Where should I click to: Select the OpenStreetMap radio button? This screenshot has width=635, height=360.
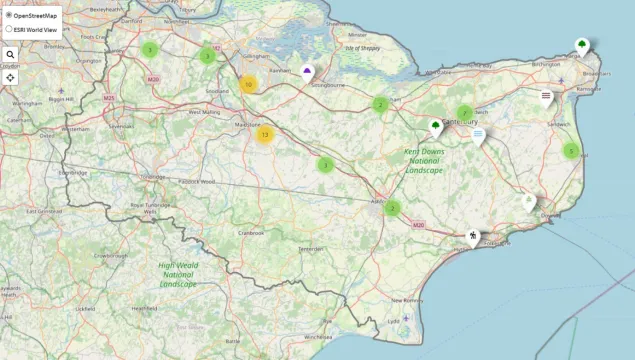[9, 16]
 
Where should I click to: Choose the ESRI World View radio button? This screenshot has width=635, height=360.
[9, 29]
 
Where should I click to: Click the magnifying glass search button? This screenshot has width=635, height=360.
[10, 55]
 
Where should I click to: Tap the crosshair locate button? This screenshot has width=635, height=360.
[10, 76]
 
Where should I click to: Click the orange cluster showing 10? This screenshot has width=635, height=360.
[248, 85]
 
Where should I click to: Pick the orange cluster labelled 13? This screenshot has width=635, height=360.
[264, 133]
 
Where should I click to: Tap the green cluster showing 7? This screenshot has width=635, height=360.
[465, 112]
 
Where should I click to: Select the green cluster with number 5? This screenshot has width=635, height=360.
[571, 151]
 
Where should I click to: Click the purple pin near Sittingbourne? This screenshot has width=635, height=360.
[307, 72]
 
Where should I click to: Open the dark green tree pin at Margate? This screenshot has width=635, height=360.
[582, 45]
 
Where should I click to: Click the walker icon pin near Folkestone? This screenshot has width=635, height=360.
[473, 236]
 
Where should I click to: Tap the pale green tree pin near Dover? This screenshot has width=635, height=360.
[528, 201]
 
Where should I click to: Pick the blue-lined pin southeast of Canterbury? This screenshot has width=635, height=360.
[479, 134]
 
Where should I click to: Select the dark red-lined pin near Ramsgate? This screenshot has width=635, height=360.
[546, 97]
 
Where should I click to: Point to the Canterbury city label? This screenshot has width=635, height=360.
[458, 122]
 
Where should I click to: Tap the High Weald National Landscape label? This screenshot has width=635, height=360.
[178, 274]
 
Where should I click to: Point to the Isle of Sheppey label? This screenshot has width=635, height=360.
[364, 48]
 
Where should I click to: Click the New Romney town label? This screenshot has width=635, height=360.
[409, 299]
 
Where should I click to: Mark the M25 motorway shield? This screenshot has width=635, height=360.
[108, 98]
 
